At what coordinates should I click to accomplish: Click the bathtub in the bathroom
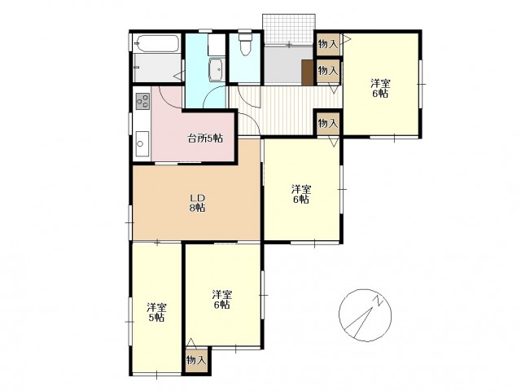pos(156,43)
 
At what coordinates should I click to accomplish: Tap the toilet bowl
pos(245,45)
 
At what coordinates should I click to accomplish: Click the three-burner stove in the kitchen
pos(143,101)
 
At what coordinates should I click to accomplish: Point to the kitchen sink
pos(142,143)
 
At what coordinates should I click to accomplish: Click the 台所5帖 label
pos(205,138)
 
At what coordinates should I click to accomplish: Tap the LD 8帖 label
pos(197,203)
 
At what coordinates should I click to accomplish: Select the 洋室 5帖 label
pos(157,312)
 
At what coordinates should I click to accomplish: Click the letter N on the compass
pos(379,300)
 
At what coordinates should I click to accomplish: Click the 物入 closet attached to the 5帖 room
pos(197,360)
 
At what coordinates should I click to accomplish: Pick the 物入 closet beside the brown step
pos(328,71)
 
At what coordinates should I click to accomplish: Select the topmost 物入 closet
pos(328,44)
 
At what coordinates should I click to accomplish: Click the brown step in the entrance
pos(308,72)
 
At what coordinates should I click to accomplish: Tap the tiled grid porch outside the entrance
pos(288,29)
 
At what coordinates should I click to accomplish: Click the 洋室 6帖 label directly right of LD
pos(301,194)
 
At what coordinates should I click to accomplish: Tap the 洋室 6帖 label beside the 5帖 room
pos(222,299)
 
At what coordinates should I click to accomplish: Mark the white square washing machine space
pos(217,45)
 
